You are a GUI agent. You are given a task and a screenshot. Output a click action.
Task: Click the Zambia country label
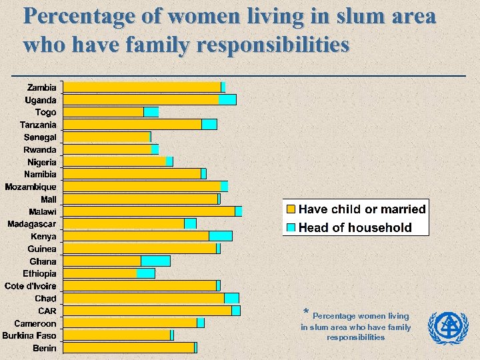[x=41, y=87]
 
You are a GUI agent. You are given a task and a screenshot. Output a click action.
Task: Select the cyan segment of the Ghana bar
[x=155, y=261]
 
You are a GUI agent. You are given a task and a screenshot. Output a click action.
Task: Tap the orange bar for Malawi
[x=149, y=211]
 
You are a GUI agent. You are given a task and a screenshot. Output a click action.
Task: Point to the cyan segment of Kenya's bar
[x=221, y=236]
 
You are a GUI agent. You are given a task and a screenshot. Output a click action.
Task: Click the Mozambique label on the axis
[x=31, y=187]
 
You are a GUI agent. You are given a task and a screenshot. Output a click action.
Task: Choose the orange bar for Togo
[x=103, y=112]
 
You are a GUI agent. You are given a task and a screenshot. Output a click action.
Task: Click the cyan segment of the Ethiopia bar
[x=145, y=273]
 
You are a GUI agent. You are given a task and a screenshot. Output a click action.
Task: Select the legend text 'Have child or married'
[x=362, y=209]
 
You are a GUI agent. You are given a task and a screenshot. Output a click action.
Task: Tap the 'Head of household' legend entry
[x=355, y=227]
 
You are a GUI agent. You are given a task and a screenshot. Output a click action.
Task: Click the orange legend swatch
[x=291, y=209]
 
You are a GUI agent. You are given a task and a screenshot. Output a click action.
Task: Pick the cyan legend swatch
[x=291, y=227]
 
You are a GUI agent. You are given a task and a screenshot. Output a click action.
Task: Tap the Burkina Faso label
[x=29, y=335]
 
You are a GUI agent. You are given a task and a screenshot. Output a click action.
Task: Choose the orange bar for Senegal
[x=107, y=137]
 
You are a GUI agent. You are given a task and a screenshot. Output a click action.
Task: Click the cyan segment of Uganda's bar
[x=227, y=99]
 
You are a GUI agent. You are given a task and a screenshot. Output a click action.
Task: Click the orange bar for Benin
[x=129, y=347]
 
